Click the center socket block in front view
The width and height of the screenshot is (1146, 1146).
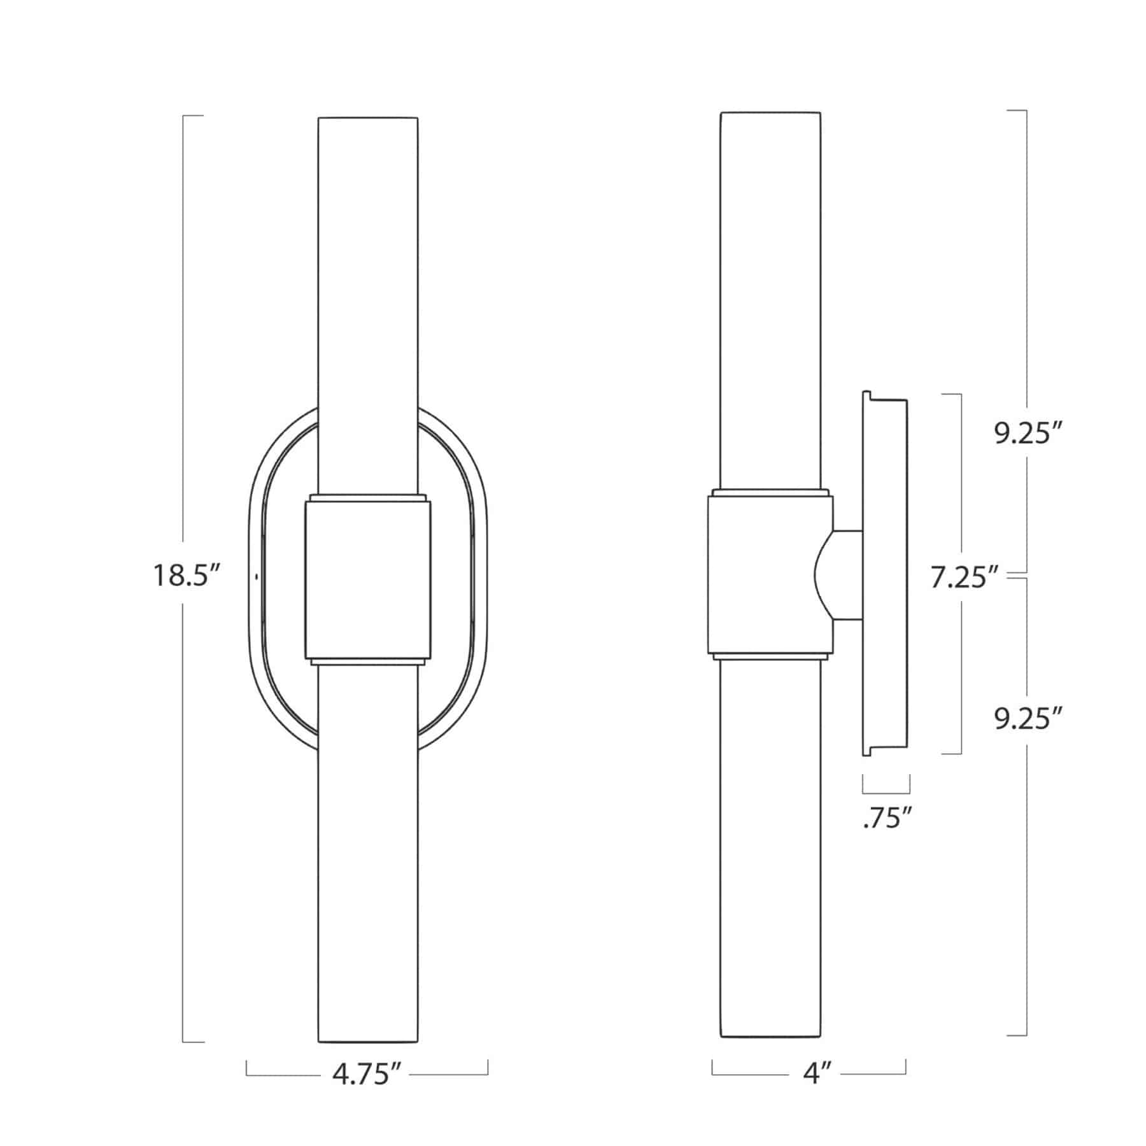pyautogui.click(x=368, y=579)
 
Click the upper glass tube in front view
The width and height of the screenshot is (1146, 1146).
pyautogui.click(x=368, y=286)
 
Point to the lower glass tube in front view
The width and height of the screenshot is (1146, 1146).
pyautogui.click(x=368, y=860)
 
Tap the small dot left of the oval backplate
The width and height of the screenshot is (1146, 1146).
pyautogui.click(x=256, y=577)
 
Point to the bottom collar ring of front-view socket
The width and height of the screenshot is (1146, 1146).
pyautogui.click(x=368, y=662)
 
